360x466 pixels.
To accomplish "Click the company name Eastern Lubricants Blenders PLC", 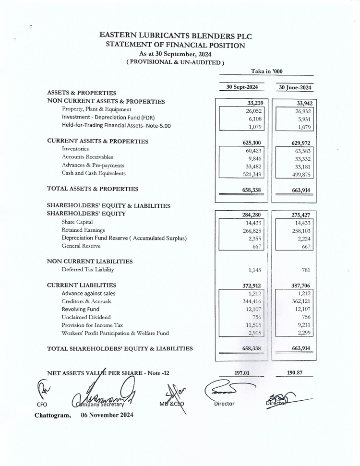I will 175,36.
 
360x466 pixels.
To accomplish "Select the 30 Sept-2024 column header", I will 242,87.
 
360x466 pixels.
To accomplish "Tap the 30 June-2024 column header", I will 295,87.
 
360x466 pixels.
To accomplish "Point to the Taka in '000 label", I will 266,71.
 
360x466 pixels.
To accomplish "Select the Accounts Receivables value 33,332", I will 301,158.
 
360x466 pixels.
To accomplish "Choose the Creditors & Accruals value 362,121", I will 301,301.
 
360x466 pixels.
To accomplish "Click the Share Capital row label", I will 77,222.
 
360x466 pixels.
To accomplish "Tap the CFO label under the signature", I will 42,404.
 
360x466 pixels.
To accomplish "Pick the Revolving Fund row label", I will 80,310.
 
